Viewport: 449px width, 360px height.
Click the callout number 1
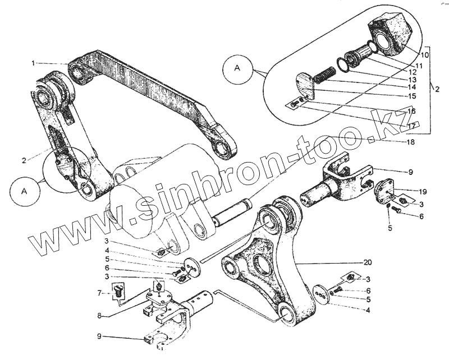(x=33, y=63)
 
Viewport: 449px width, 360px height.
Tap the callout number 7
(x=99, y=292)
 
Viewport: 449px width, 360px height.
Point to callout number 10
(x=424, y=55)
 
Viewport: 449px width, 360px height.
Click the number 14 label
(x=413, y=87)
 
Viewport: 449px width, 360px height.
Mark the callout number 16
(x=411, y=112)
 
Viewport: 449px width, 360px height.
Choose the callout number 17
(x=411, y=127)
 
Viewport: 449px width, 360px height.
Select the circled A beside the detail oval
(x=237, y=69)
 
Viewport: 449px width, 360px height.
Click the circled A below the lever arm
(x=24, y=191)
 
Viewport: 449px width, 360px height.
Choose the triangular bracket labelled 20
(x=264, y=264)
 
